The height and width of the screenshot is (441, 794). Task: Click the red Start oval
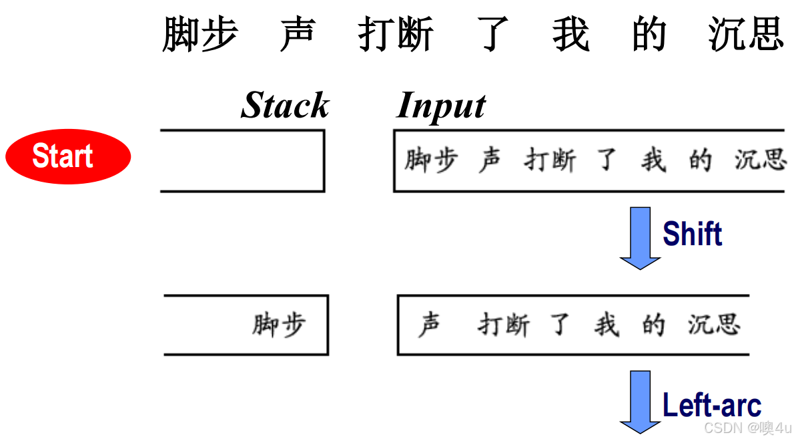(67, 156)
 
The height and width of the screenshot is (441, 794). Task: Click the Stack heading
(285, 106)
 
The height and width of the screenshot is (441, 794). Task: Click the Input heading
(441, 106)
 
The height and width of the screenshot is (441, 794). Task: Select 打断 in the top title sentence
(396, 35)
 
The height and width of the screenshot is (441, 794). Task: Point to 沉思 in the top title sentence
(745, 35)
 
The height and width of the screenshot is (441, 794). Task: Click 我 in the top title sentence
(570, 35)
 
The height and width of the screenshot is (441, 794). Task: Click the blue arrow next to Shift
(640, 238)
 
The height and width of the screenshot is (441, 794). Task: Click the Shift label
(692, 234)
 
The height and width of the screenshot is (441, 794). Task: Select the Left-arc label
(711, 405)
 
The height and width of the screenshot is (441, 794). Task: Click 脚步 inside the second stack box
(279, 325)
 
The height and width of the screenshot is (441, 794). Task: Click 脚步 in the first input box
(431, 161)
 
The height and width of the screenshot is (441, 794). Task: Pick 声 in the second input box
(429, 325)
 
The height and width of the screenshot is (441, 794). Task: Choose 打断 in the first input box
(549, 161)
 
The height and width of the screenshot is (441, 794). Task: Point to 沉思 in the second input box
(714, 325)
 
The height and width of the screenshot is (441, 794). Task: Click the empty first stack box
(242, 161)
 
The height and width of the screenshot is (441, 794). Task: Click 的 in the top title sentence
(649, 35)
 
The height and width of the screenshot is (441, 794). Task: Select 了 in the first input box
(606, 161)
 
